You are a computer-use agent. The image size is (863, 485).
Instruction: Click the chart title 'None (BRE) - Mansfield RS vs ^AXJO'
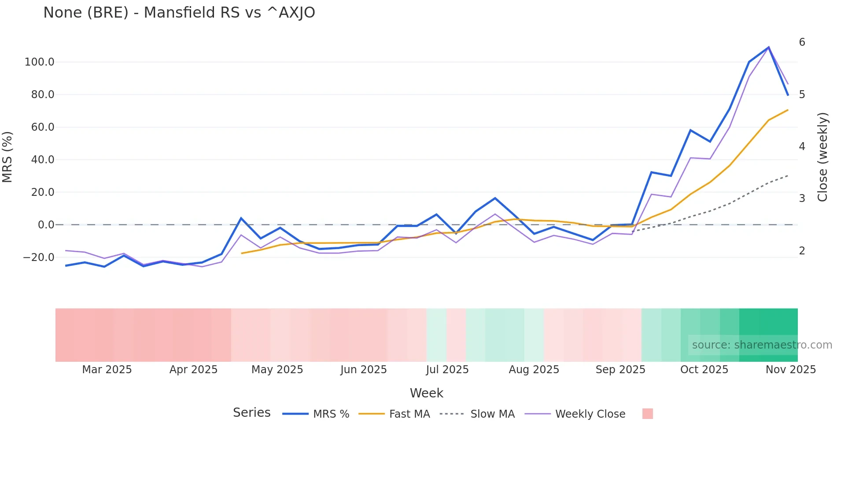click(179, 13)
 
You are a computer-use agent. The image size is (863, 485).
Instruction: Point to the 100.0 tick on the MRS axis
click(40, 62)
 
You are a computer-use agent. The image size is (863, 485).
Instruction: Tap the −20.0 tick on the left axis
click(39, 257)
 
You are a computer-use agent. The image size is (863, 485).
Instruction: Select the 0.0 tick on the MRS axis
click(46, 225)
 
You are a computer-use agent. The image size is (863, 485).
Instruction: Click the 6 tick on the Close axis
click(802, 42)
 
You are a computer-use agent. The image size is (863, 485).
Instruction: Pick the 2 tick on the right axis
click(802, 251)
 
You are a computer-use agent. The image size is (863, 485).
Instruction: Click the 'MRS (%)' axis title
click(7, 157)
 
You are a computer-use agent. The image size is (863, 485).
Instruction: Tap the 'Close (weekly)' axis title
click(822, 157)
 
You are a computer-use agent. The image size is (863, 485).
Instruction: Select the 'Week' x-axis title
click(426, 393)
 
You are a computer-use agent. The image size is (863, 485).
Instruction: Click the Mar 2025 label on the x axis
click(107, 370)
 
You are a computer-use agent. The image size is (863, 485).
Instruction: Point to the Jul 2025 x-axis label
click(447, 370)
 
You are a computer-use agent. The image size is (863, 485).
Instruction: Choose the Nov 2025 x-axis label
click(791, 370)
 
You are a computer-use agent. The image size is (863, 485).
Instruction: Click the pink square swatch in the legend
click(648, 414)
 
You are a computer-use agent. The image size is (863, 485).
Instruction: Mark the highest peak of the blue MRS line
click(769, 47)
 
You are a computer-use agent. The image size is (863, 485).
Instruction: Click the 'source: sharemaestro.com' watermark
click(762, 345)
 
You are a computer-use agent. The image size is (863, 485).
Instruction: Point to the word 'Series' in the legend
click(251, 413)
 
